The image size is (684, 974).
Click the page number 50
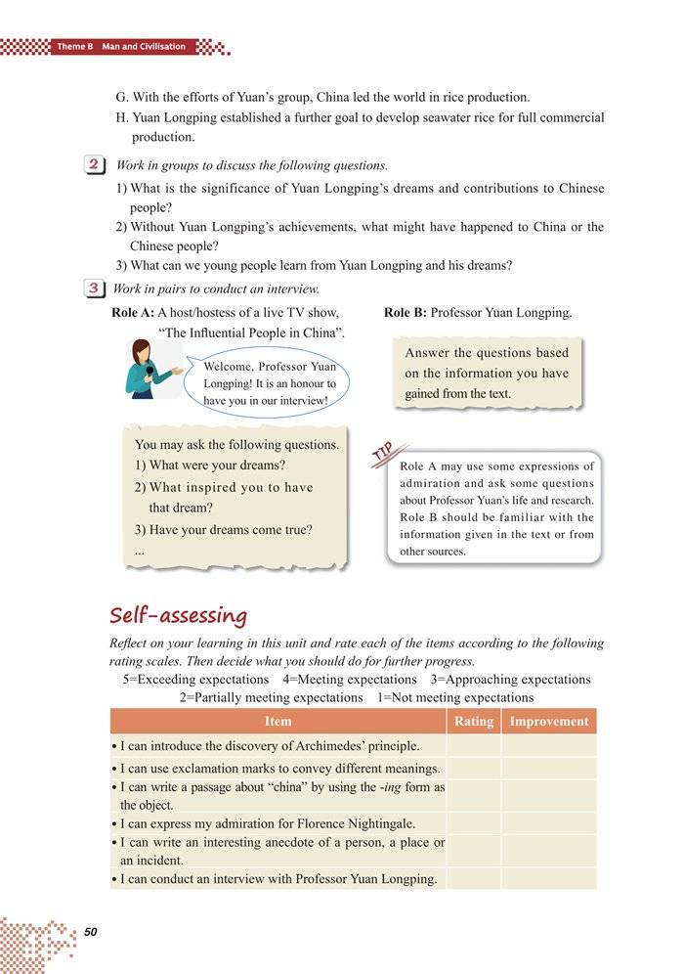92,930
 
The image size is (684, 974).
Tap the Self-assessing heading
178,615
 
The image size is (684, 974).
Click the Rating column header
474,722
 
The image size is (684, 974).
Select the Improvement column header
549,722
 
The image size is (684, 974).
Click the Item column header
278,722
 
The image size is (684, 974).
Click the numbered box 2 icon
96,165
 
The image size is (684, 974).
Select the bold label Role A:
133,313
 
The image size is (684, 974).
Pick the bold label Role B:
405,313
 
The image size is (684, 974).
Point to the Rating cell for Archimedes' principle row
474,746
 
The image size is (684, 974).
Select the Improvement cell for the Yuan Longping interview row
549,878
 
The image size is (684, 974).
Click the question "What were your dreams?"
210,465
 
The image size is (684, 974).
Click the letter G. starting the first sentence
120,98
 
